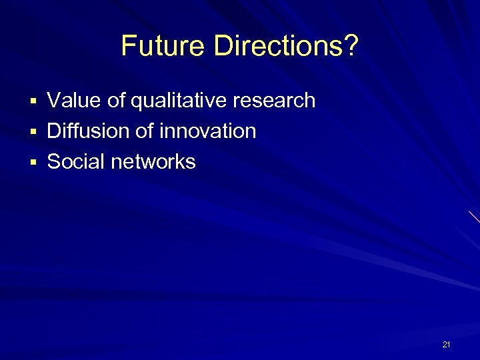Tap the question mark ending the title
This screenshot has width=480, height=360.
[351, 46]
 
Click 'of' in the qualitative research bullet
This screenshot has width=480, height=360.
[117, 101]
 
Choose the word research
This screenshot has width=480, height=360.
[274, 101]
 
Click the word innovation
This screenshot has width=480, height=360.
[207, 131]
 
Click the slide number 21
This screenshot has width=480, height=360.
[446, 345]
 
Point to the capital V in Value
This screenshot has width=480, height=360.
[53, 101]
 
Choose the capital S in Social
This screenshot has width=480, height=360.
[54, 161]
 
